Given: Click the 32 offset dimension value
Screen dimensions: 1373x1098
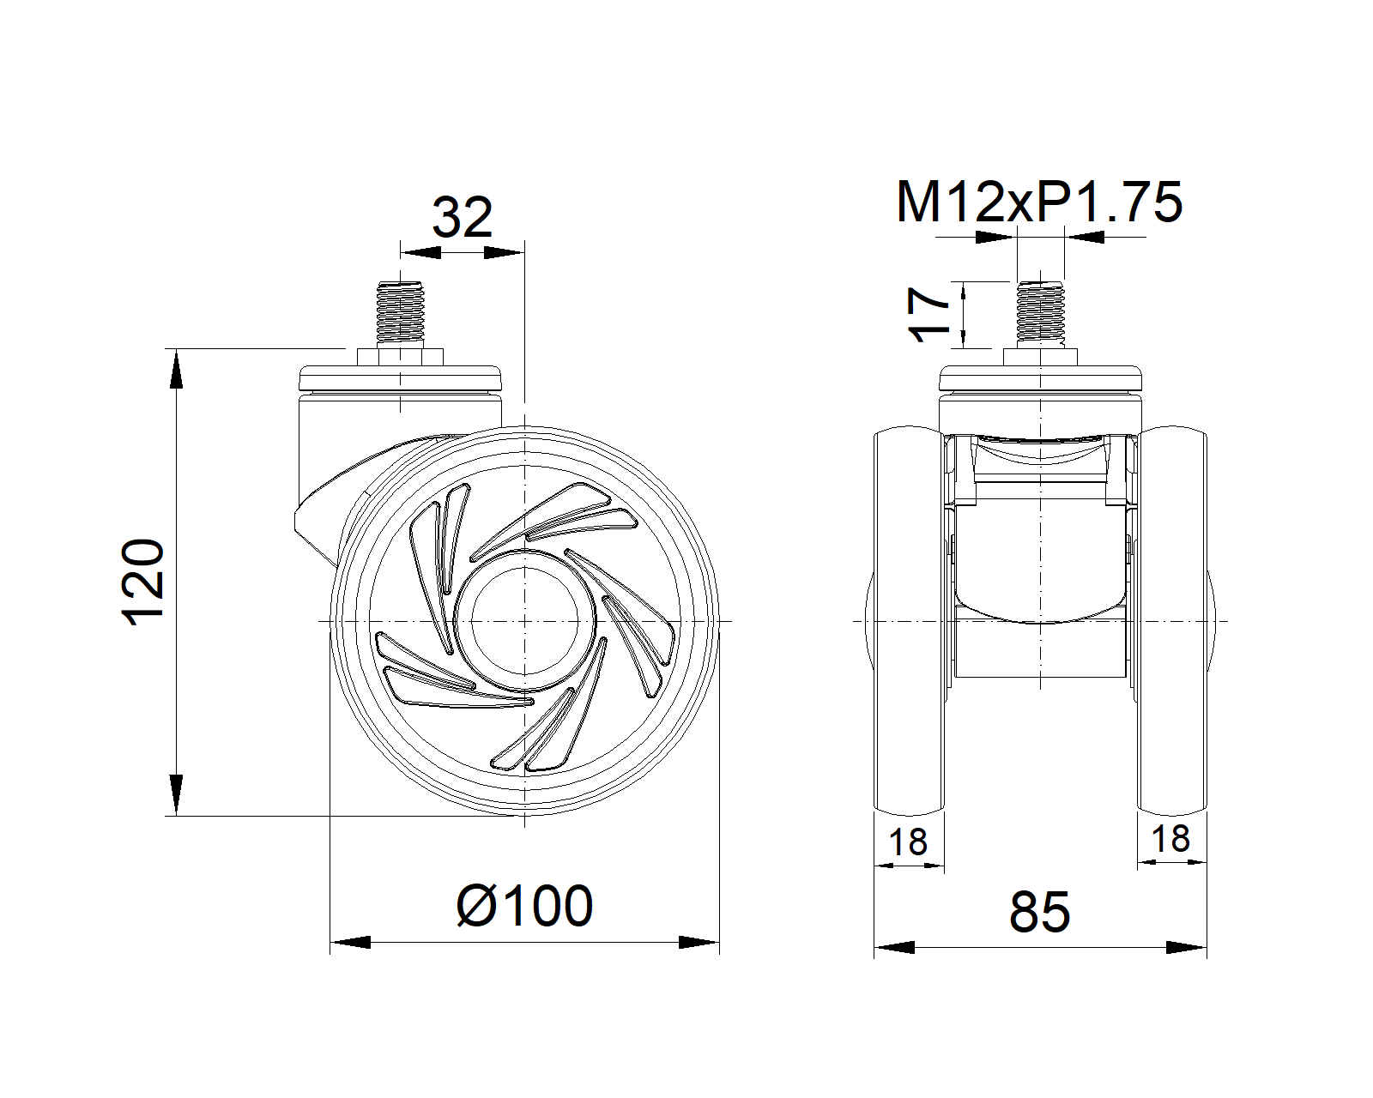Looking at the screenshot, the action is click(463, 217).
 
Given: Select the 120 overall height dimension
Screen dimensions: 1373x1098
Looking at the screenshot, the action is click(143, 582).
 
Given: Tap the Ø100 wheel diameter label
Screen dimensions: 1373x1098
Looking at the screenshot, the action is click(524, 906).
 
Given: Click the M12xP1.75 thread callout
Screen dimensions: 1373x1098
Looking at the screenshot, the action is click(1038, 202).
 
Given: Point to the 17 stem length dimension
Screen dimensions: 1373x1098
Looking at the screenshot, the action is click(929, 315).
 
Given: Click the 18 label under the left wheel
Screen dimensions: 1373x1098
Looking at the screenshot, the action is click(908, 842).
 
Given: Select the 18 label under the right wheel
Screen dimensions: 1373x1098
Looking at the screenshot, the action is click(1170, 838).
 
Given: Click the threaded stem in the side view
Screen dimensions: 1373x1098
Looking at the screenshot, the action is click(400, 312).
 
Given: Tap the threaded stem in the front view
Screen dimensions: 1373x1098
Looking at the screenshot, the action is click(1040, 312).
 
